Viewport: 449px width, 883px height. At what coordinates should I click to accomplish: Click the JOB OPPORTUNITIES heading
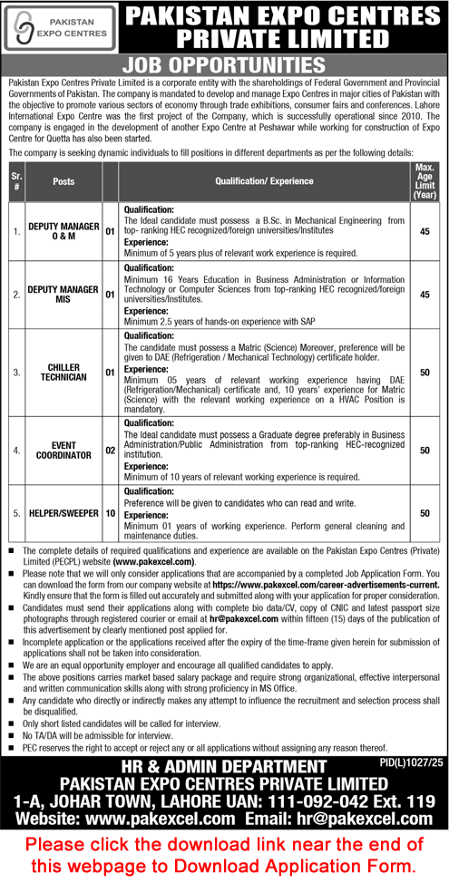[x=224, y=65]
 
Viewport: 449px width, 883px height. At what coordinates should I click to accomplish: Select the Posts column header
[x=63, y=180]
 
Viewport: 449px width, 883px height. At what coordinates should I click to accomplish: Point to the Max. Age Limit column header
[x=424, y=180]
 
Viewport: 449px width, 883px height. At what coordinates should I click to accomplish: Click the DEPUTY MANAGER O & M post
[x=63, y=230]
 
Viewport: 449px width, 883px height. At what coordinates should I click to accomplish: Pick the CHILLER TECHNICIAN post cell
[x=63, y=371]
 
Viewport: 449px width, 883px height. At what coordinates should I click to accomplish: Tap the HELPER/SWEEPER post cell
[x=63, y=512]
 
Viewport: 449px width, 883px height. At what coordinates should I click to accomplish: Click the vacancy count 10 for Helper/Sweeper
[x=111, y=512]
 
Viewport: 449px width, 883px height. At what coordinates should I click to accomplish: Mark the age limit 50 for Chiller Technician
[x=424, y=371]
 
